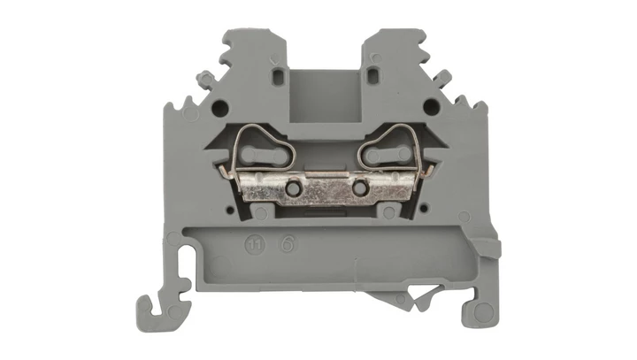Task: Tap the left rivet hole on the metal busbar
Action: (x=290, y=188)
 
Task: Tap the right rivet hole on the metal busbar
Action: (x=359, y=189)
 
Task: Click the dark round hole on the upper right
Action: (x=430, y=107)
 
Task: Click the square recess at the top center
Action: (x=325, y=94)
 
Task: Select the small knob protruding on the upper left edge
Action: (x=203, y=80)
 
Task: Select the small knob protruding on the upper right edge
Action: (x=449, y=80)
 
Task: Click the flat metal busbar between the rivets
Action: (x=325, y=189)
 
